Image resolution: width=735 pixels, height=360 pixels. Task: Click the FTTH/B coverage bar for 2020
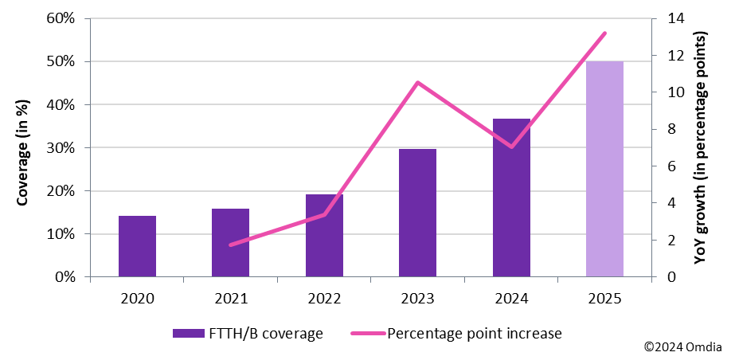pos(137,247)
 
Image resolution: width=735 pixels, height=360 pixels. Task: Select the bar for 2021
pos(230,244)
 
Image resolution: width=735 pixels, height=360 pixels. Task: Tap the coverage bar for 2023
pos(417,213)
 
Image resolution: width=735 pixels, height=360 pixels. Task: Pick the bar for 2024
pos(511,198)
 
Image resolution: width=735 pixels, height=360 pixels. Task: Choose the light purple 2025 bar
pos(604,170)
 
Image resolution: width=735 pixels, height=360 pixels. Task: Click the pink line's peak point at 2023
pos(417,83)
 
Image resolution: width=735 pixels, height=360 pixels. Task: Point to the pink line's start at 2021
pos(230,245)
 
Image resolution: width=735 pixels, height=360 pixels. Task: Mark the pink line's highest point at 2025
pos(604,33)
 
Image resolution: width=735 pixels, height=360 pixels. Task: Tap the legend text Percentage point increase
pos(474,334)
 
